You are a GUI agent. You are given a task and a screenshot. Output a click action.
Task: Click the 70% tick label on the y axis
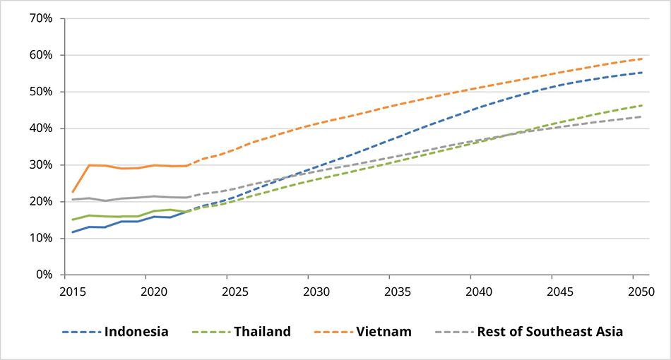click(40, 18)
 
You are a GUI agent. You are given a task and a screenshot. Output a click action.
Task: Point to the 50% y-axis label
click(40, 92)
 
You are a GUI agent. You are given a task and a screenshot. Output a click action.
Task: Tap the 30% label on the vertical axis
click(40, 165)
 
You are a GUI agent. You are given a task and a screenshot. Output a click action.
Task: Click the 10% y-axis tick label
click(40, 238)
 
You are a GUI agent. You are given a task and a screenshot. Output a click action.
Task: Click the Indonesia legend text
click(137, 331)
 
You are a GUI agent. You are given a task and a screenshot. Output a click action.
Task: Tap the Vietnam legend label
click(385, 331)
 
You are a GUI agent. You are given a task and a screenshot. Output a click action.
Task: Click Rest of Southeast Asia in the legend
click(550, 331)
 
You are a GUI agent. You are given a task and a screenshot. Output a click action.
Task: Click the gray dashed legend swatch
click(453, 331)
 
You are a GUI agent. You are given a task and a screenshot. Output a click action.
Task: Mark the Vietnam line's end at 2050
click(641, 59)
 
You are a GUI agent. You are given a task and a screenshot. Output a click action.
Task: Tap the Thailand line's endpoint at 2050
click(641, 106)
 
